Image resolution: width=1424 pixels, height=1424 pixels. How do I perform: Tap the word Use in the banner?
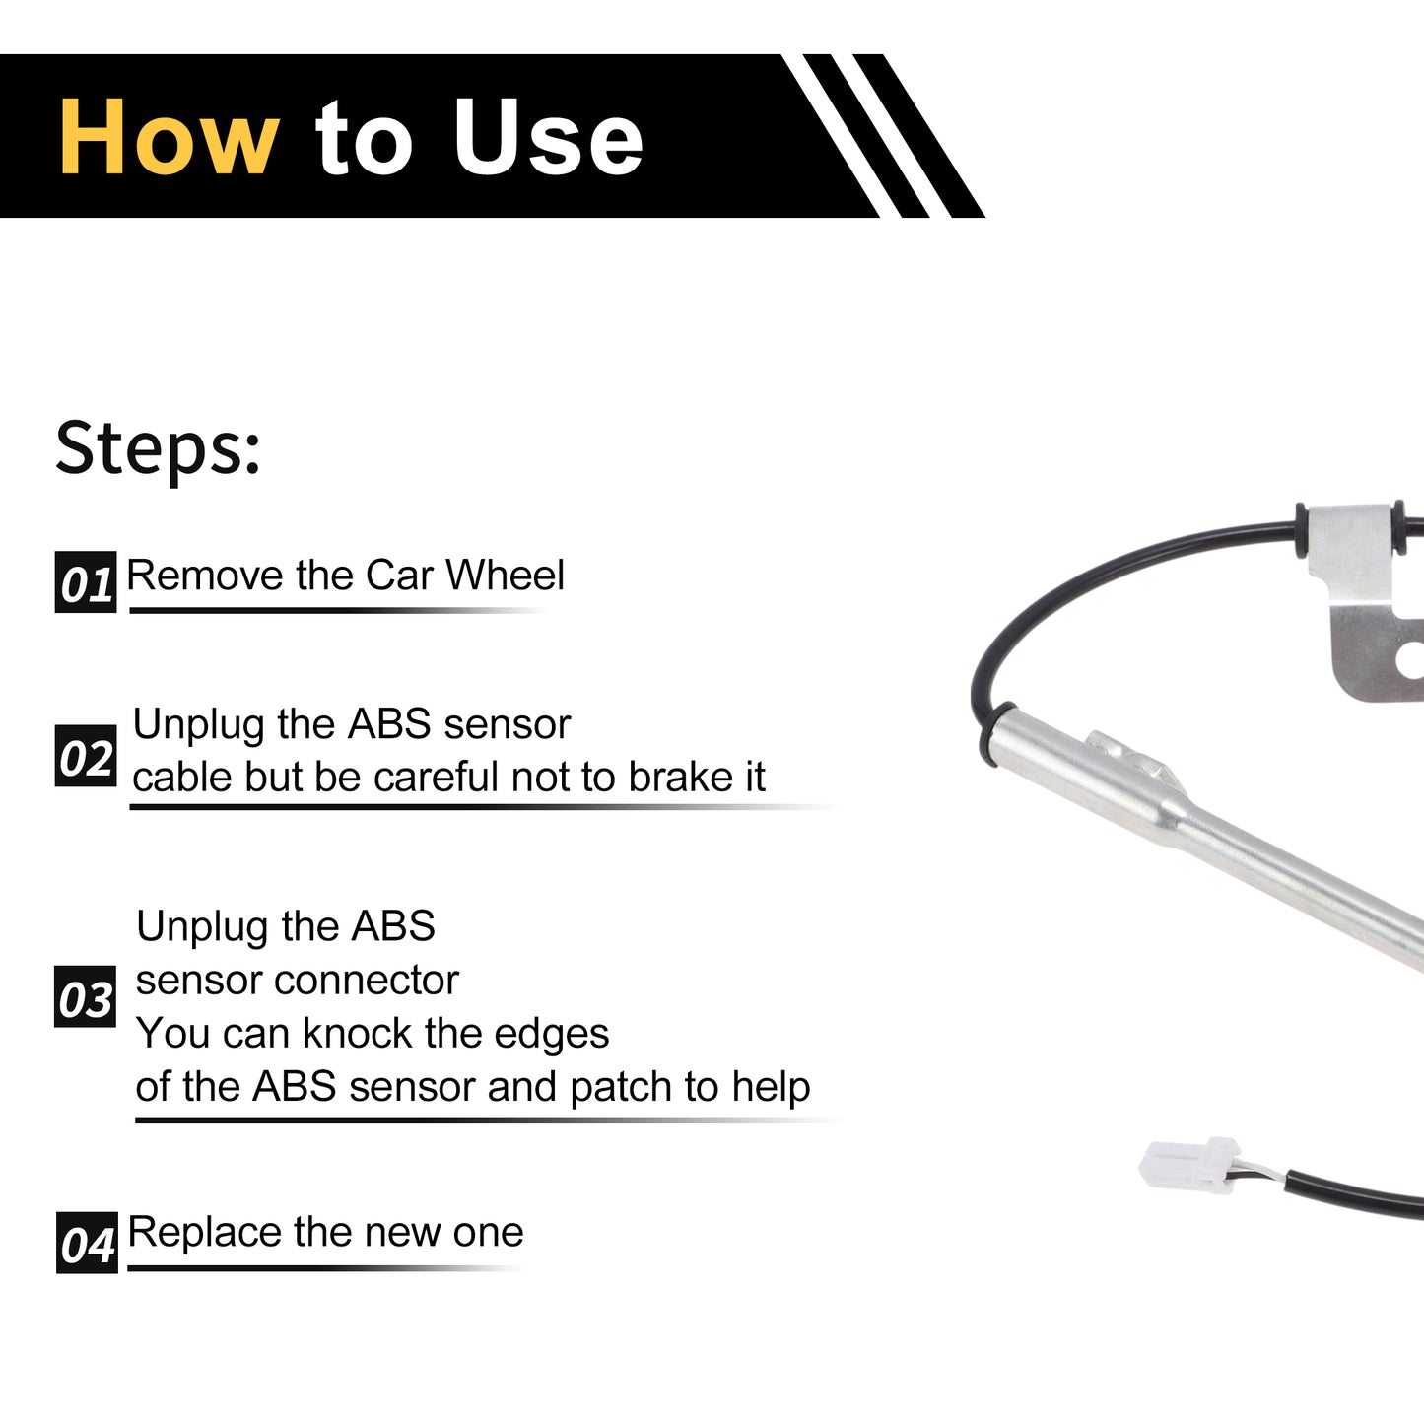548,137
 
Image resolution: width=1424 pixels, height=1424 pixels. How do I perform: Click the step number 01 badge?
86,581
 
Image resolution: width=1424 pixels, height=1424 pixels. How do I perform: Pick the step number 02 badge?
86,756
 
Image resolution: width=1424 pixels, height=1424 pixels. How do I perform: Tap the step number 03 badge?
85,996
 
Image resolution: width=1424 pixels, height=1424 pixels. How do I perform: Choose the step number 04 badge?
87,1243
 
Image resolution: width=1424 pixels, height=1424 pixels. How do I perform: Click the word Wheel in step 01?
505,575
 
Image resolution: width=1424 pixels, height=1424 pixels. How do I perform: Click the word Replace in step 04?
205,1234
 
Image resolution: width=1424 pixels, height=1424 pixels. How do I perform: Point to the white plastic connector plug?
1189,1165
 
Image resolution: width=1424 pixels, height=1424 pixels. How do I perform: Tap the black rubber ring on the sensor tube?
990,734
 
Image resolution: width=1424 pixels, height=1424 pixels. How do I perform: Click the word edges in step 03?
551,1035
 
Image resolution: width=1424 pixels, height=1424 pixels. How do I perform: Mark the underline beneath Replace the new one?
325,1268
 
